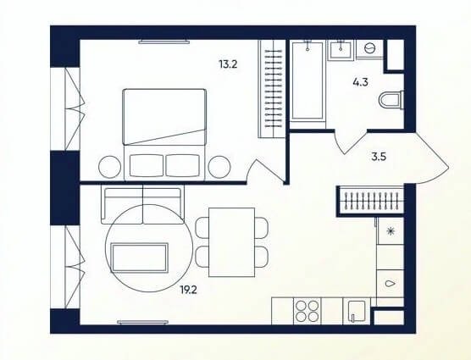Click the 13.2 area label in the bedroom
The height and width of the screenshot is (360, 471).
[x=228, y=64]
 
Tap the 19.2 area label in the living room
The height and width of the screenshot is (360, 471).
[x=188, y=290]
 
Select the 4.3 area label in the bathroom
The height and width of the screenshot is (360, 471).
[x=361, y=82]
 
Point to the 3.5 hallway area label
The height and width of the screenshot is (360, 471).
[x=379, y=157]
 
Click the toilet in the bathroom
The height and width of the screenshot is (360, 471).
[x=391, y=100]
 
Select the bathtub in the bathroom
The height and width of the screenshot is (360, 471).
[x=308, y=80]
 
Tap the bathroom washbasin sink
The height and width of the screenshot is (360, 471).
[x=341, y=51]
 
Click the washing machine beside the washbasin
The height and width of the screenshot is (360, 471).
[x=369, y=48]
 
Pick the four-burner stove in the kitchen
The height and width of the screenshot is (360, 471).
[x=307, y=311]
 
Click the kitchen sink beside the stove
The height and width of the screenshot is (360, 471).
[x=357, y=311]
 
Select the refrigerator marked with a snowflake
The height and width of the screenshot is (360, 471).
[x=391, y=231]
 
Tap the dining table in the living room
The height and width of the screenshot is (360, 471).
[x=231, y=242]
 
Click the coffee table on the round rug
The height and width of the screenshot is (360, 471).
[x=140, y=258]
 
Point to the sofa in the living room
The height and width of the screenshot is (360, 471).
[x=142, y=204]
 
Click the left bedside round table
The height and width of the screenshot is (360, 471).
[x=109, y=167]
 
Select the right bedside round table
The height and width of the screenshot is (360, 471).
[x=219, y=167]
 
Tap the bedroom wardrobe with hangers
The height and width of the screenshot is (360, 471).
[x=272, y=89]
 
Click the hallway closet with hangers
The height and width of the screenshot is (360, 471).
[x=371, y=200]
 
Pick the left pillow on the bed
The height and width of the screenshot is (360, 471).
[x=147, y=166]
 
